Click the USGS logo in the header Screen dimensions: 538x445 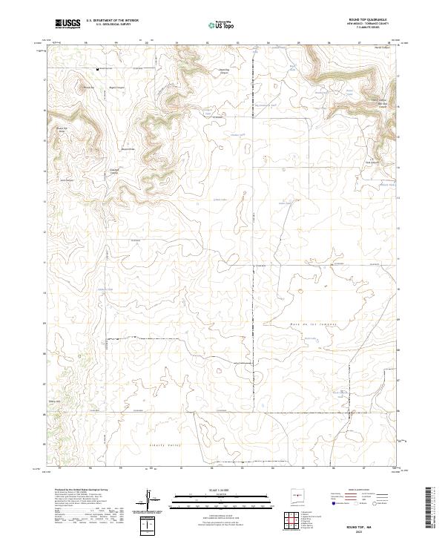[67, 24]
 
